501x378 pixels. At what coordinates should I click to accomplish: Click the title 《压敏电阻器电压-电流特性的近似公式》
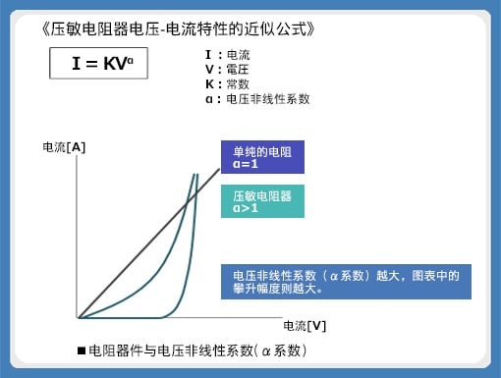(x=179, y=29)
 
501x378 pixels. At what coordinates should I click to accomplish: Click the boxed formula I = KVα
(x=98, y=63)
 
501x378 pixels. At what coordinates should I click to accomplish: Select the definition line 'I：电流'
(x=228, y=55)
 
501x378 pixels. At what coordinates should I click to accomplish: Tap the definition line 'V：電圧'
(x=227, y=70)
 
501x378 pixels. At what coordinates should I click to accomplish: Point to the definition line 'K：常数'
(x=227, y=84)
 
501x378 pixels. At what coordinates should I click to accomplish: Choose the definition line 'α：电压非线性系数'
(x=257, y=99)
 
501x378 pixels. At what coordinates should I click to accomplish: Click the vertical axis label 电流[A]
(x=64, y=147)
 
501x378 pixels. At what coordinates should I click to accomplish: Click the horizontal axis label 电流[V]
(x=305, y=326)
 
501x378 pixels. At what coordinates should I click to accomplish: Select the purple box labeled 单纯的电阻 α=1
(x=262, y=157)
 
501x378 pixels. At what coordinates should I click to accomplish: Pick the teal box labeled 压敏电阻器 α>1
(x=262, y=201)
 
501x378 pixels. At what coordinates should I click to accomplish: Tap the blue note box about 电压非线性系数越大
(x=346, y=282)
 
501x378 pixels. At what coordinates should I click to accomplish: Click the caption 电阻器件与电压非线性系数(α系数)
(x=197, y=351)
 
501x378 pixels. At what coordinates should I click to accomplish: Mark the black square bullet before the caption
(x=82, y=351)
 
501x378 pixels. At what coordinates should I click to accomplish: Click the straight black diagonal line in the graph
(x=149, y=243)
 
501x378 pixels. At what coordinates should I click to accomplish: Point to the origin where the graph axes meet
(x=78, y=317)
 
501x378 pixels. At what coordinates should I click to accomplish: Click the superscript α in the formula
(x=130, y=61)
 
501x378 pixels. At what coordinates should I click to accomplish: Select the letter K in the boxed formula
(x=110, y=64)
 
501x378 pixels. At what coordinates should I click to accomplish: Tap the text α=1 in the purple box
(x=246, y=164)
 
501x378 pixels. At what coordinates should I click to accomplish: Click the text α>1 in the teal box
(x=246, y=208)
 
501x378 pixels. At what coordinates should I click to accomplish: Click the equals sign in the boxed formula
(x=92, y=64)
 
